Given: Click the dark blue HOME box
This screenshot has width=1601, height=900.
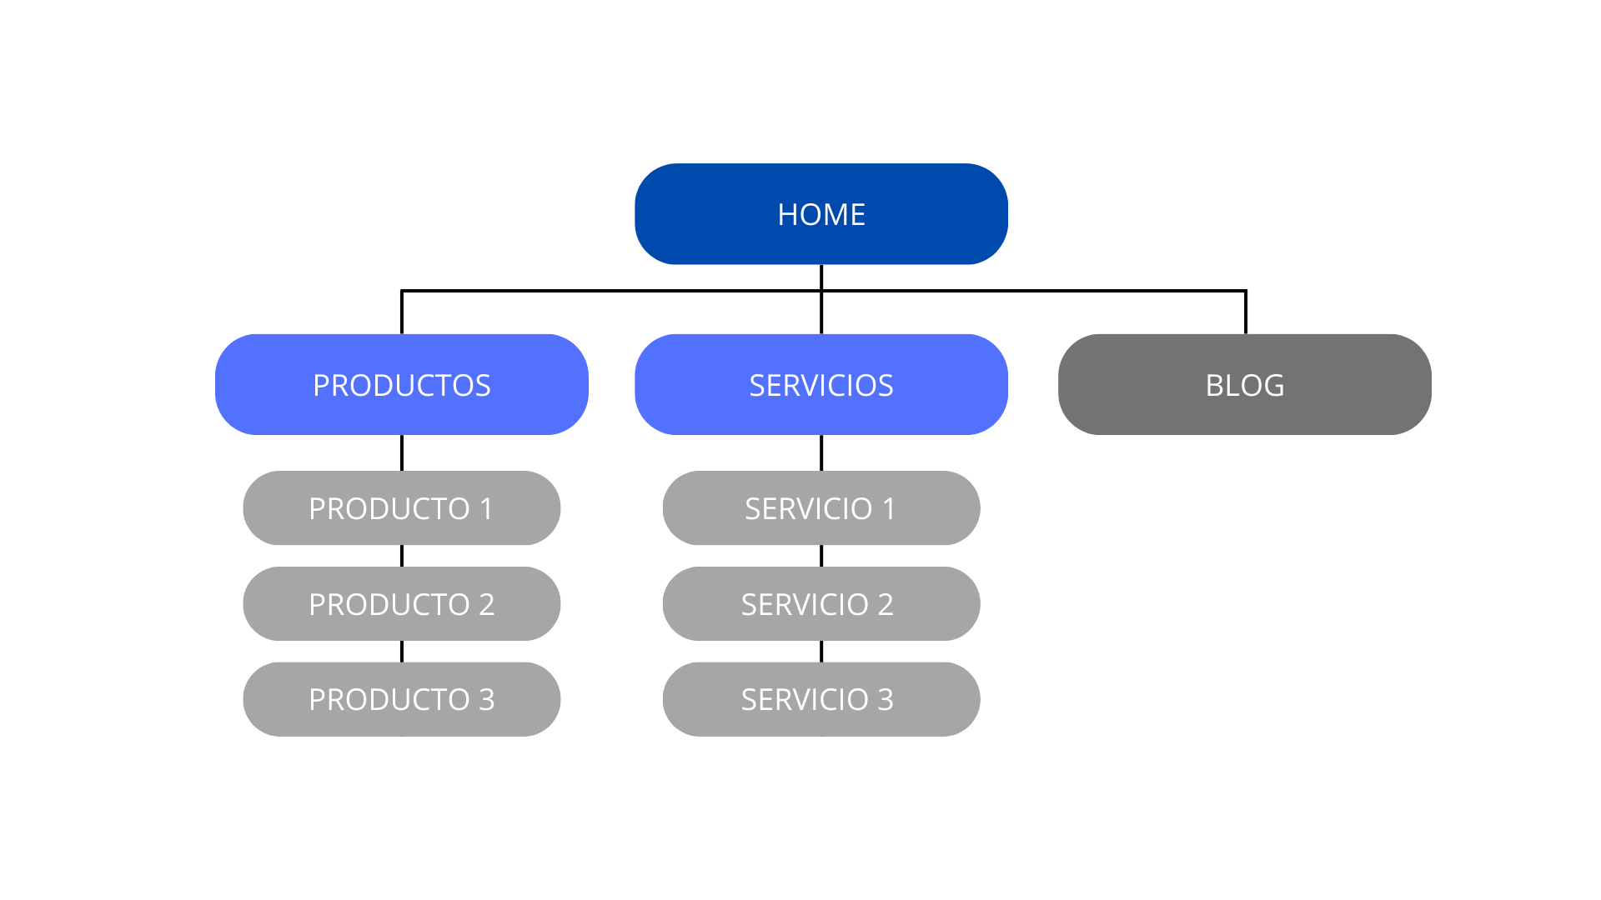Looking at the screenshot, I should coord(821,214).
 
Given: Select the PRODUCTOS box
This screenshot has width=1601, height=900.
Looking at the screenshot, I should coord(401,385).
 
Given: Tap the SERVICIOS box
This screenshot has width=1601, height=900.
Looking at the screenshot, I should coord(821,385).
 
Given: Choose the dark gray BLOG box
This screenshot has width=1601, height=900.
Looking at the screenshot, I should coord(1244,385).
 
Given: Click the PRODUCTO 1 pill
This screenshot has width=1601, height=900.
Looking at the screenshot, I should coord(401,508).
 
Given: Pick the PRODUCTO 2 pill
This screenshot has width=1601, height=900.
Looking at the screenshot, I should coord(401,604).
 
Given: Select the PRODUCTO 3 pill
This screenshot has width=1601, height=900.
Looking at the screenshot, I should coord(401,699).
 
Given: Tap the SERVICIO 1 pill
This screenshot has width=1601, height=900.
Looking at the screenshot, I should coord(821,508).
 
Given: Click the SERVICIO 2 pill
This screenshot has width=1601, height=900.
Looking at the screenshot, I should coord(821,604).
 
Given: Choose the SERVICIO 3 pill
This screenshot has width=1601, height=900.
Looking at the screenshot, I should coord(821,699).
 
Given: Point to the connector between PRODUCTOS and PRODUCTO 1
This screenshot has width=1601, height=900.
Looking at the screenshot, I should coord(402,452).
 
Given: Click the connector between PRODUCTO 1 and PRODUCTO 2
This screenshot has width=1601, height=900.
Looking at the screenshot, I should coord(402,556).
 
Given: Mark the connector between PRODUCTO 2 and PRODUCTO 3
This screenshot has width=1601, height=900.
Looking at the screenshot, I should coord(402,652).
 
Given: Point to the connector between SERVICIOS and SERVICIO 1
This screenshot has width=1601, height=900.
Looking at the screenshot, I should coord(821,452).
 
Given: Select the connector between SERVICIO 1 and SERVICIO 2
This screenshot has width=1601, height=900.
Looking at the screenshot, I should coord(821,556).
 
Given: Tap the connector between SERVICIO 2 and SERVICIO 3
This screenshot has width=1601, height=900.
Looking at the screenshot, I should coord(821,652).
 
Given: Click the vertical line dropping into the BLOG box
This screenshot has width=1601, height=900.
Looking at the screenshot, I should coord(1246,313).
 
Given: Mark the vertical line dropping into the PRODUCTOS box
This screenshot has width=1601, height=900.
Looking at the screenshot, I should coord(402,313).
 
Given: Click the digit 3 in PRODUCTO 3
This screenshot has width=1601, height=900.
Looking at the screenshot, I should coord(487,700).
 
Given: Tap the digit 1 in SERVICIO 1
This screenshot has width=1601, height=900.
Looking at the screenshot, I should coord(889,509).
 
